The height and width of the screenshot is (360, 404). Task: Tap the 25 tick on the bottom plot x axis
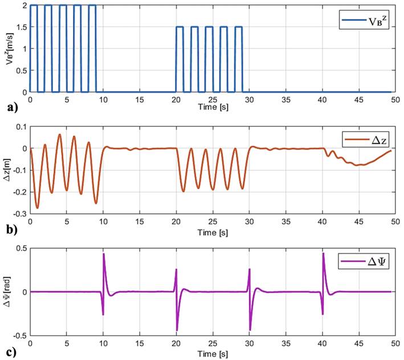[x=213, y=343]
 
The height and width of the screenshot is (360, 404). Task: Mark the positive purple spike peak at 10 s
[x=104, y=254]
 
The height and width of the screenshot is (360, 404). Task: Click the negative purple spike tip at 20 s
[x=177, y=330]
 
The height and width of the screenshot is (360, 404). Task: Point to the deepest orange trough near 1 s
[x=38, y=208]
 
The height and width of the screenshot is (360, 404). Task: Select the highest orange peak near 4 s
[x=59, y=134]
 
